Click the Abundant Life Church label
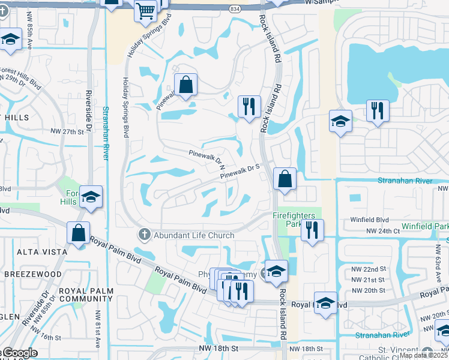click(194, 235)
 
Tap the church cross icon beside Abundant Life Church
click(144, 234)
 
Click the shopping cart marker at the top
click(145, 10)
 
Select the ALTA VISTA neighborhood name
click(24, 253)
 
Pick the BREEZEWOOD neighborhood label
click(32, 274)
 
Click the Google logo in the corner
click(20, 353)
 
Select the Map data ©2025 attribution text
click(423, 355)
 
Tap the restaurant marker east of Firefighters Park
click(312, 230)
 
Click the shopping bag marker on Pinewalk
click(185, 85)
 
